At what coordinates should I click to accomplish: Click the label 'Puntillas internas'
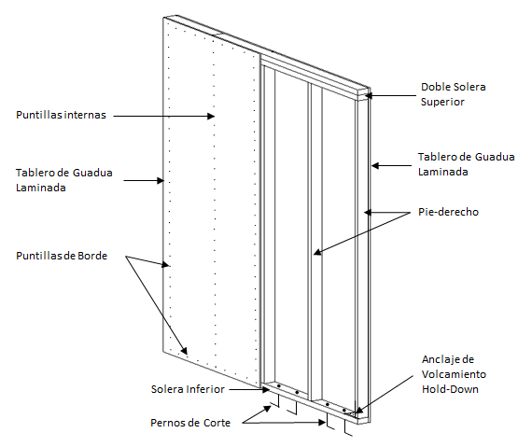pos(61,115)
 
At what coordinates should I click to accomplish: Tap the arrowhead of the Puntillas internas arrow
pos(211,116)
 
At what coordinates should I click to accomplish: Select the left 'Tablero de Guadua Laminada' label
pos(64,180)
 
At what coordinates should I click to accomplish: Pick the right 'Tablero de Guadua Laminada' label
pos(466,164)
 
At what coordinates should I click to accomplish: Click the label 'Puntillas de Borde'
pos(62,256)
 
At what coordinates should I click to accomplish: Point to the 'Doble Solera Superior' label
pos(454,94)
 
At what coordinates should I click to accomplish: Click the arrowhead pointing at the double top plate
pos(369,95)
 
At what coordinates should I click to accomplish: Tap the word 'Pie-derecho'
pos(448,212)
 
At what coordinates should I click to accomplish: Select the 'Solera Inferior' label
pos(188,389)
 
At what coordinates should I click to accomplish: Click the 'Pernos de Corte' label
pos(190,423)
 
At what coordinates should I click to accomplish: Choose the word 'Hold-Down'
pos(450,389)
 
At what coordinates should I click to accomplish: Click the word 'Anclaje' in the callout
pos(439,359)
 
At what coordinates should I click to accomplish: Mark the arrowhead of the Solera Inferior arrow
pos(266,390)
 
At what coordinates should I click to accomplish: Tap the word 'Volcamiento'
pos(454,374)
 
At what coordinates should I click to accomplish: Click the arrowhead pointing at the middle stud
pos(317,252)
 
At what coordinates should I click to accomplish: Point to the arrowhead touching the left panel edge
pos(161,180)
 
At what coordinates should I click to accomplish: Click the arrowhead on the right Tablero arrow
pos(375,166)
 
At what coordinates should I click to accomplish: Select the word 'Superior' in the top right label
pos(442,102)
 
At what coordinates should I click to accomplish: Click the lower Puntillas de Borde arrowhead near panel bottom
pos(184,350)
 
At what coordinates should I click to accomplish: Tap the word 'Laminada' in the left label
pos(41,188)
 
